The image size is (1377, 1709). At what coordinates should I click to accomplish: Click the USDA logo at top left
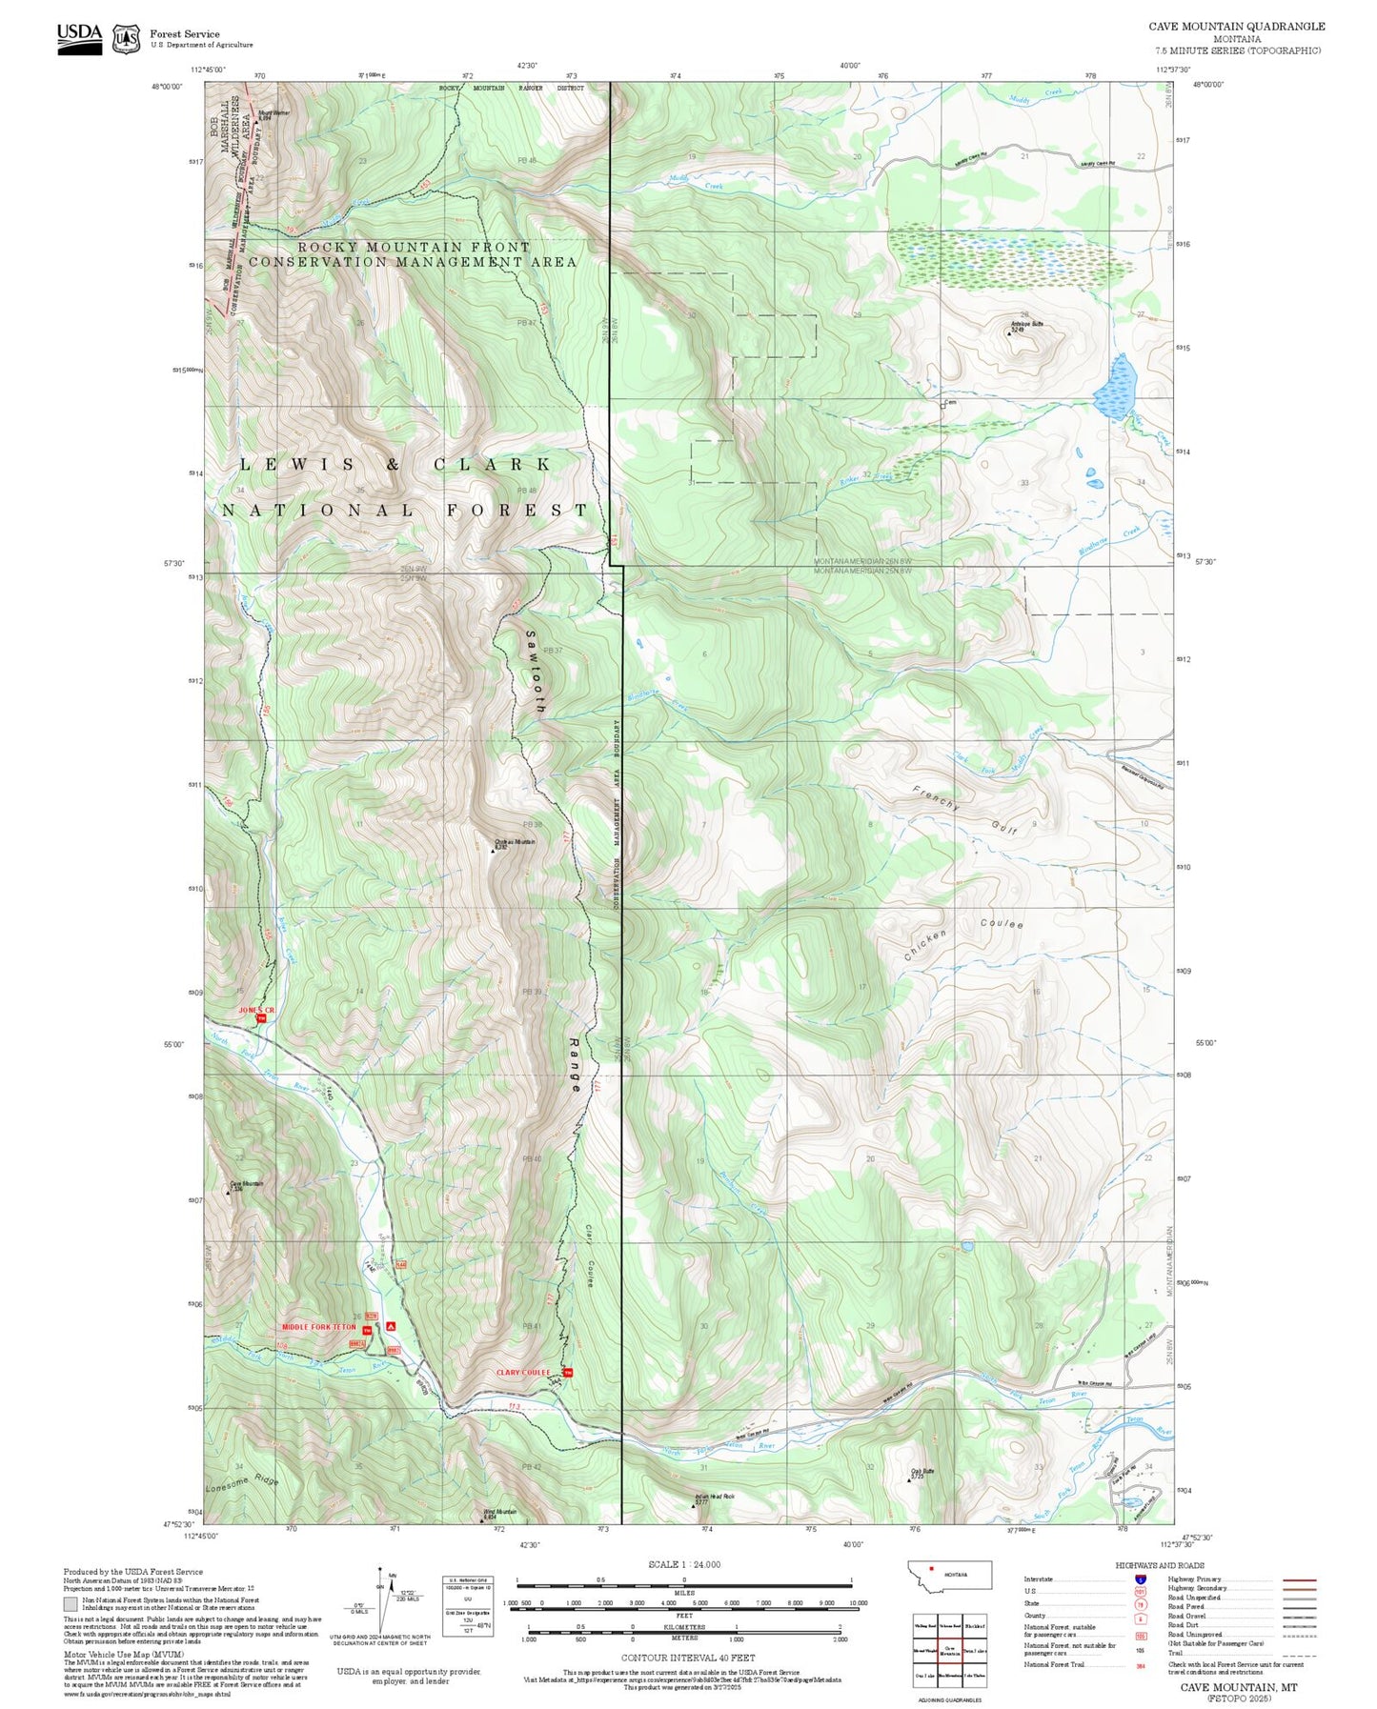pos(79,36)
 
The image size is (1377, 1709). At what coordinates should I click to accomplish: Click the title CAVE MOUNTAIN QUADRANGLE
pos(1236,26)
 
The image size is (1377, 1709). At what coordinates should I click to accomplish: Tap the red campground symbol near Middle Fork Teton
pos(391,1325)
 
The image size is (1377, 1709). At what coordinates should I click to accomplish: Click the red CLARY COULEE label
pos(523,1373)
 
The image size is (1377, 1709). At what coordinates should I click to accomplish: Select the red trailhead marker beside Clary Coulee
pos(569,1373)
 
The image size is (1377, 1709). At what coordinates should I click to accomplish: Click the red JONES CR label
pos(256,1010)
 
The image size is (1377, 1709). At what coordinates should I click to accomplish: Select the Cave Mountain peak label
pos(246,1185)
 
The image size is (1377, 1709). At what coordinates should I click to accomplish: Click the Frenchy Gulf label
pos(964,812)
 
